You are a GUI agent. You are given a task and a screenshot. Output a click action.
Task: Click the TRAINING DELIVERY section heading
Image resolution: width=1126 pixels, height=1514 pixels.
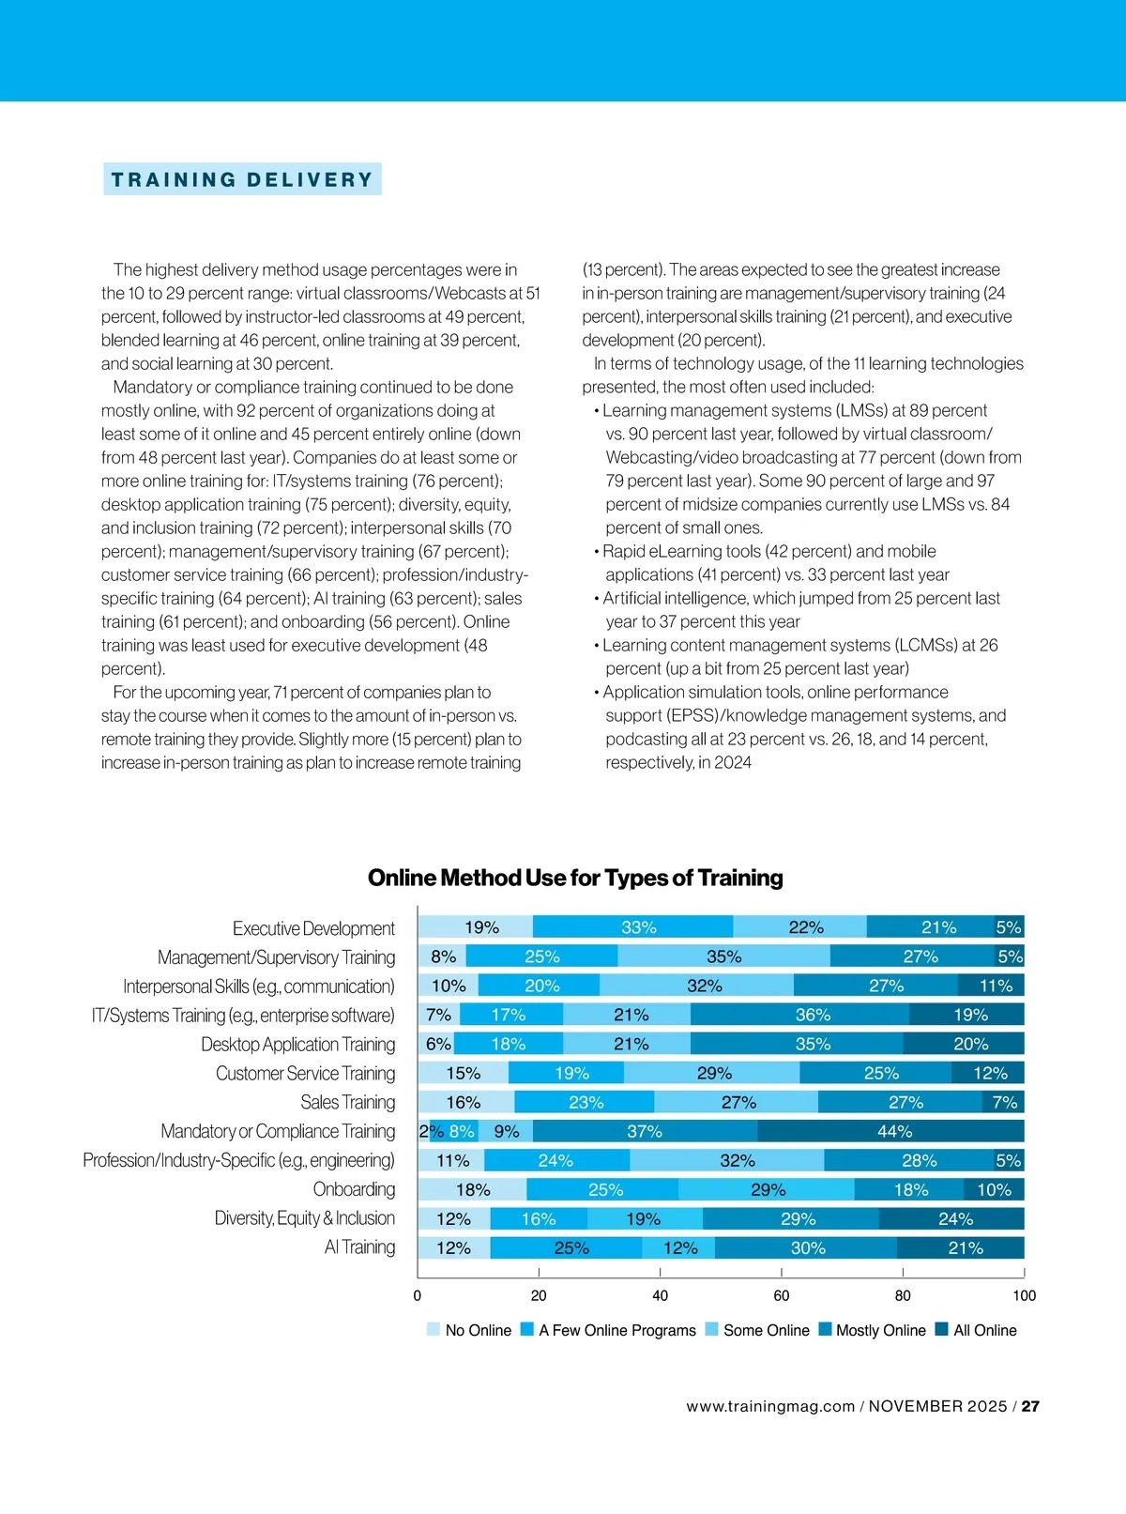[242, 179]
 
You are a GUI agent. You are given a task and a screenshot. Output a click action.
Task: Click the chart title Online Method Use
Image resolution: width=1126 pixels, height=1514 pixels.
[575, 878]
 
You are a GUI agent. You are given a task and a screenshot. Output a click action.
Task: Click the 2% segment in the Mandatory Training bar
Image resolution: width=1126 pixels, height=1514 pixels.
[424, 1131]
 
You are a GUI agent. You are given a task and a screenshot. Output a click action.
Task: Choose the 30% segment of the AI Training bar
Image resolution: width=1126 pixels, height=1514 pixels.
[806, 1247]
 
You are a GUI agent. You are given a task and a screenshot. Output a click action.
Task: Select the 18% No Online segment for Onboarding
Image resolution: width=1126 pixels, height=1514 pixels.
[473, 1189]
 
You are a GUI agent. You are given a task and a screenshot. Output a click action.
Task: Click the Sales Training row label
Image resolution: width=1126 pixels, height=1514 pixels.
[347, 1102]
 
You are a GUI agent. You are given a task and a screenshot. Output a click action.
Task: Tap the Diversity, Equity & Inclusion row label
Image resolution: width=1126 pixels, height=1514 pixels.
[305, 1218]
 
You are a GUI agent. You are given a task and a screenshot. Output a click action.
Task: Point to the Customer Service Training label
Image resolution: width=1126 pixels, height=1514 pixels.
[305, 1073]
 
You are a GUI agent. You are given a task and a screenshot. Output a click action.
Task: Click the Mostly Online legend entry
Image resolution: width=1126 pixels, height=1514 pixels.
[880, 1330]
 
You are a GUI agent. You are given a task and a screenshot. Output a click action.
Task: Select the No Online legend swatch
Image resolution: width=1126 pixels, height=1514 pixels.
[433, 1329]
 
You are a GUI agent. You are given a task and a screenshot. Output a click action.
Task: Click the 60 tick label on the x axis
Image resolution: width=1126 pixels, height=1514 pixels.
[782, 1295]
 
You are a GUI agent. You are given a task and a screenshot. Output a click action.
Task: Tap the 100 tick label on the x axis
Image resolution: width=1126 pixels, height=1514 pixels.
[1024, 1295]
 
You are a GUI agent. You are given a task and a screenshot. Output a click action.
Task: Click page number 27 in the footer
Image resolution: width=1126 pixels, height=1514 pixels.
[1030, 1406]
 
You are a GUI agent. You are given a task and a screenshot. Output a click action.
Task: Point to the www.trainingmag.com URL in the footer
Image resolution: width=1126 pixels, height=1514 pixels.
[770, 1406]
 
